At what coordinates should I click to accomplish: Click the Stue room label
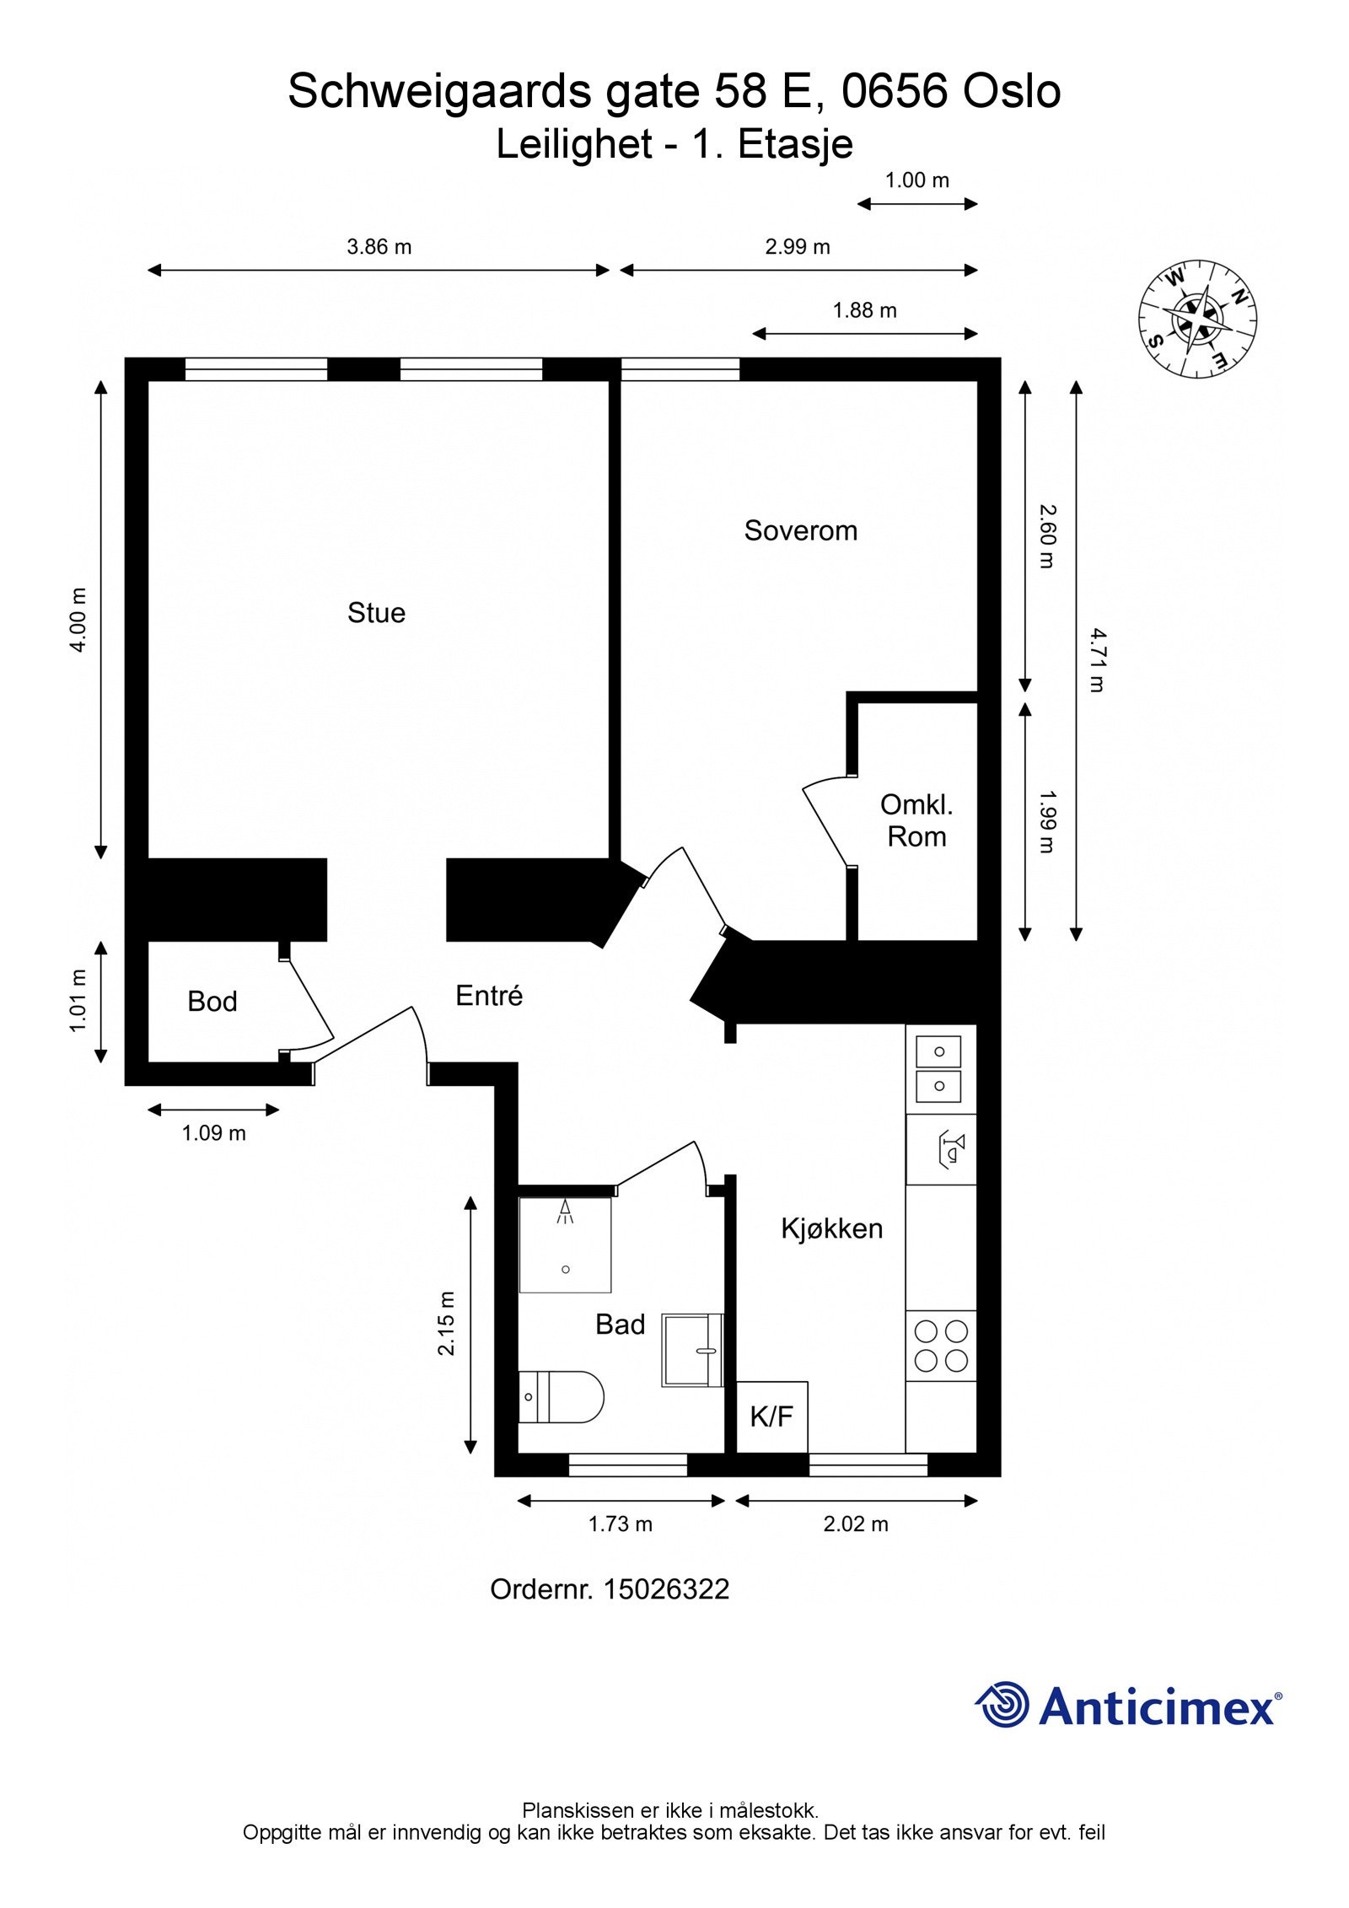376,612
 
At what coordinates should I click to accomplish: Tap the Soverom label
800,530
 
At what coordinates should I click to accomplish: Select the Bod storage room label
212,1001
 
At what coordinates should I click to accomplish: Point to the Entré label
489,995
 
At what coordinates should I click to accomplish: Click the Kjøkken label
832,1228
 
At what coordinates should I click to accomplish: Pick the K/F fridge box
772,1416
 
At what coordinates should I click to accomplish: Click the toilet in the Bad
561,1397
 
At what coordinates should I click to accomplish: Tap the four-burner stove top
941,1346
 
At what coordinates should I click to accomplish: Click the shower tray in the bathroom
565,1244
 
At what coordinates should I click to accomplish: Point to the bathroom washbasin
692,1350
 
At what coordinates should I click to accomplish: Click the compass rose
1197,319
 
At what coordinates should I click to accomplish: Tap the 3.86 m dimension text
379,247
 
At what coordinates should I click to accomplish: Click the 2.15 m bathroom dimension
446,1323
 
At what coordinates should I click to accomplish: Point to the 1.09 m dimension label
214,1133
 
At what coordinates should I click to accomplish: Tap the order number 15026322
667,1589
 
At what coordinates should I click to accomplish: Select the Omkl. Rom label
916,820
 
